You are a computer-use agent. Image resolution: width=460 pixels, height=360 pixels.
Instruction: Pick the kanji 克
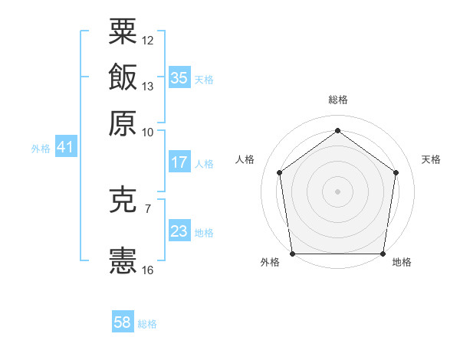pos(123,200)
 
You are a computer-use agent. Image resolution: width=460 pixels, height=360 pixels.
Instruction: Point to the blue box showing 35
pos(179,77)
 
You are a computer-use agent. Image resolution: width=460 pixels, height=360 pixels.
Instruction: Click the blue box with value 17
pos(179,162)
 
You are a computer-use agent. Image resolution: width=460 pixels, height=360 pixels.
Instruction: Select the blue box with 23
pos(179,231)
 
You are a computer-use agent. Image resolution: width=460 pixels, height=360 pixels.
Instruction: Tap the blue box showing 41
pos(64,147)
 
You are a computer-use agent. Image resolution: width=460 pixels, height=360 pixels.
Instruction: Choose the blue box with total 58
pos(123,322)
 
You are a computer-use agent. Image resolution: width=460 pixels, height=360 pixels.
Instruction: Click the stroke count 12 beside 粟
pos(148,40)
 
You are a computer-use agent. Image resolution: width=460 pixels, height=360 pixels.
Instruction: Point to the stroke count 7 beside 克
pos(148,208)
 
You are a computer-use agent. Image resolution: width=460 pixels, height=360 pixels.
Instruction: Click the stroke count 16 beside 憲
pos(148,270)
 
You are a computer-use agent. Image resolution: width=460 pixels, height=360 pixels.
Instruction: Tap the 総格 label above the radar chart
pos(338,100)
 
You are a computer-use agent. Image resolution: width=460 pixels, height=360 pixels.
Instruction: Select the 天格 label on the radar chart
pos(431,159)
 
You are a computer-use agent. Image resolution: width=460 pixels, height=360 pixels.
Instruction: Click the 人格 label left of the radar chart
pos(245,159)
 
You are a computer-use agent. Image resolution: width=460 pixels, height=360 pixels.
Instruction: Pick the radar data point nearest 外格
pos(292,254)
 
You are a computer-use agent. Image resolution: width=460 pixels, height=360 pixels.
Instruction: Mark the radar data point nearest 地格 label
pos(383,254)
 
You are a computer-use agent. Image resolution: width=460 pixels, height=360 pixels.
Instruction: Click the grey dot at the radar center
pos(338,191)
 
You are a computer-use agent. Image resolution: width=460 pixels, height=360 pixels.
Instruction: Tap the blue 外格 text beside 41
pos(41,149)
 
